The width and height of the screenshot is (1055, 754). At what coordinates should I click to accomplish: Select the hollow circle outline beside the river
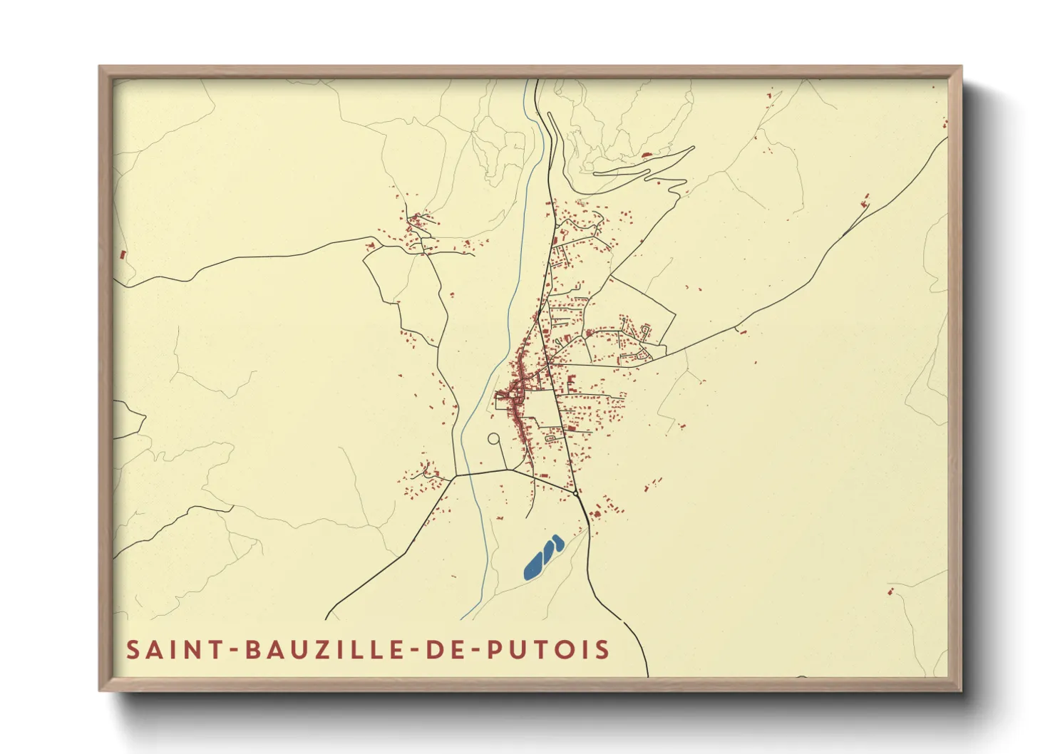(493, 439)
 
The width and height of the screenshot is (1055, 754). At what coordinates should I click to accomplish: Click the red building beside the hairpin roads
(647, 154)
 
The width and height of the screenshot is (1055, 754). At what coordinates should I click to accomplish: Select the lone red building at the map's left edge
(123, 254)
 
